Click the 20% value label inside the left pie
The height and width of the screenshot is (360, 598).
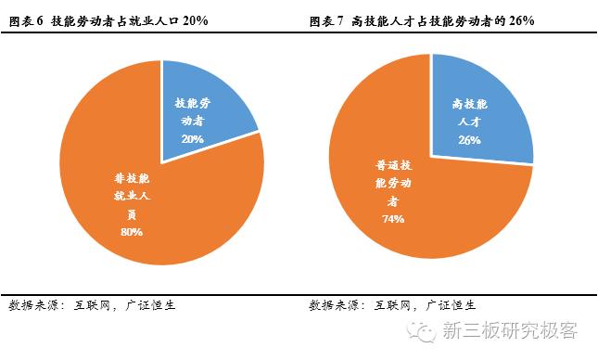pos(193,137)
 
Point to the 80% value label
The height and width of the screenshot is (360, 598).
pos(131,232)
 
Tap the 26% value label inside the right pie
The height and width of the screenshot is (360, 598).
pos(469,140)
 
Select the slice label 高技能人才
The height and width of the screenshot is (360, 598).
pos(469,112)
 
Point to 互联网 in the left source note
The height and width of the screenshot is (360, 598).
pos(94,304)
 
